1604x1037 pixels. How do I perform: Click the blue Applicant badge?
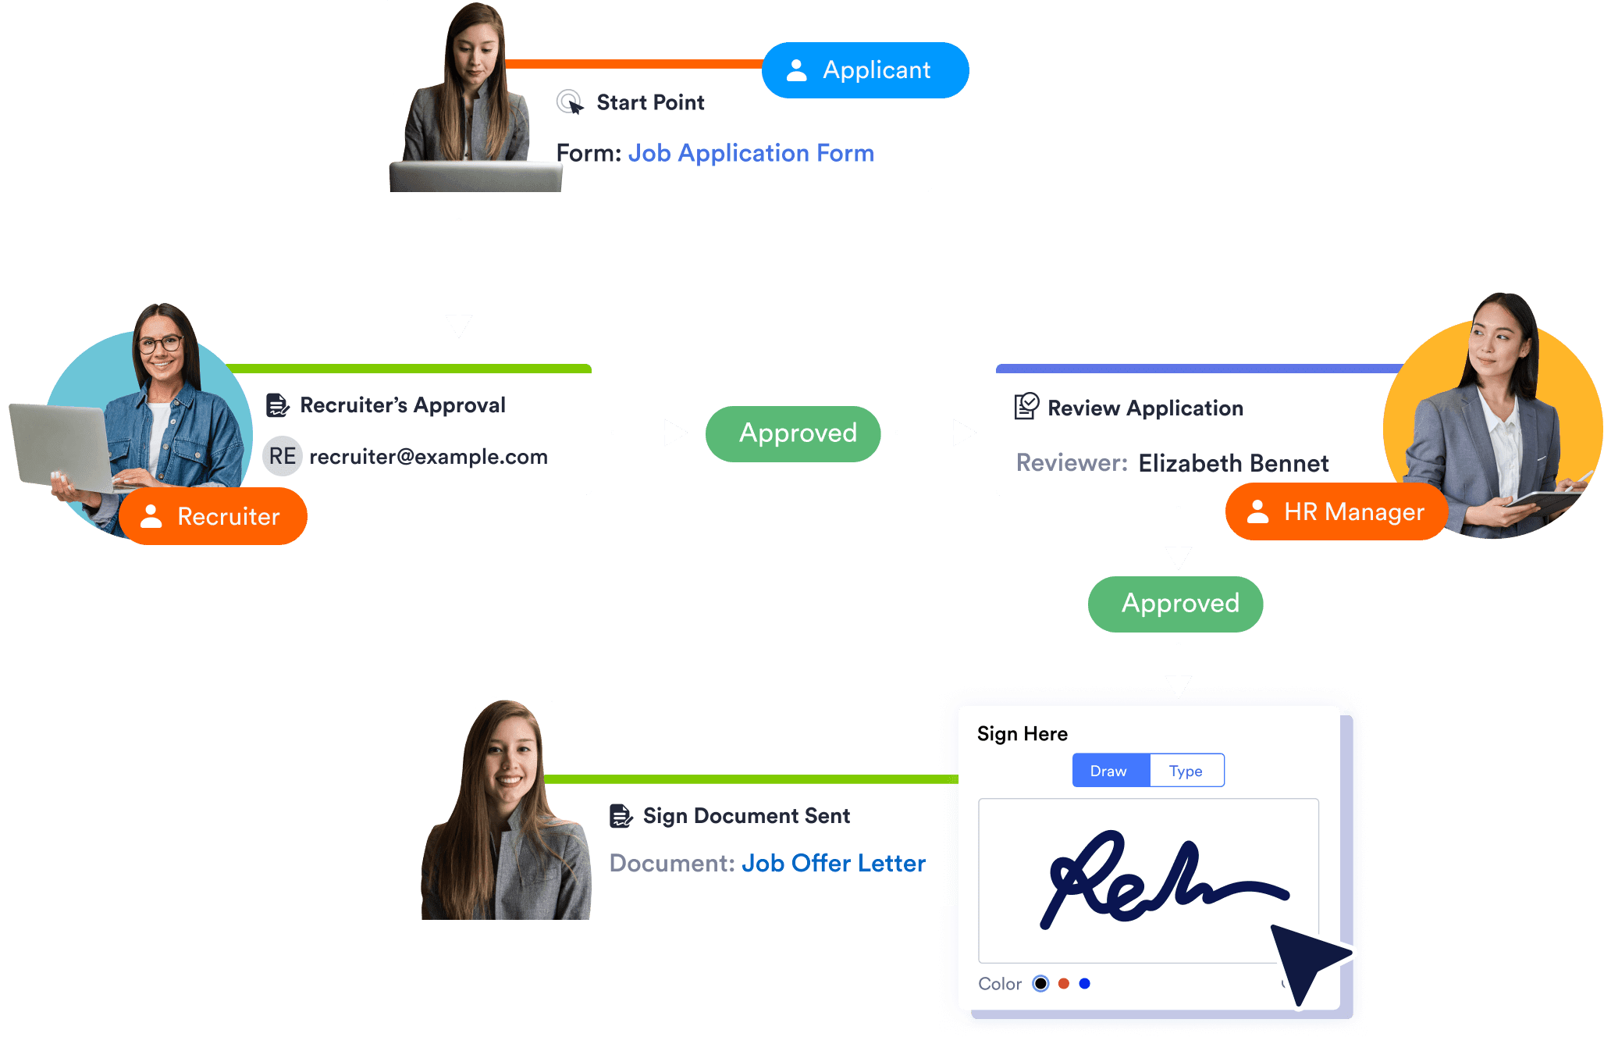[865, 70]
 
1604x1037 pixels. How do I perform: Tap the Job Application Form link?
[751, 153]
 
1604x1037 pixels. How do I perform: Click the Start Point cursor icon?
[570, 102]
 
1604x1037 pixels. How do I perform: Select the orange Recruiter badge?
[213, 516]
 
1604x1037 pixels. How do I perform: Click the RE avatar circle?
[283, 456]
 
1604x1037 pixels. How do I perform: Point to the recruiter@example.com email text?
[429, 457]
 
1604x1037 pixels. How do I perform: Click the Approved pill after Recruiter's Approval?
[793, 433]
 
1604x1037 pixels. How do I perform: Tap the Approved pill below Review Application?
[1175, 604]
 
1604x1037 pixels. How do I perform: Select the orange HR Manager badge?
[1336, 512]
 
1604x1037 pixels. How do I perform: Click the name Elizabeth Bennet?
[1233, 463]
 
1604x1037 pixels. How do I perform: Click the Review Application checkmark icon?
[1026, 406]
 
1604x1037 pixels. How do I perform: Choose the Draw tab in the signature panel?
[1109, 771]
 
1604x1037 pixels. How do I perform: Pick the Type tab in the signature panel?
[1186, 771]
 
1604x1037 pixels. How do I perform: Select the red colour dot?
[1063, 984]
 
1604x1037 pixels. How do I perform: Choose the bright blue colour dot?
[1084, 984]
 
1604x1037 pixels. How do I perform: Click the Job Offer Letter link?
[833, 863]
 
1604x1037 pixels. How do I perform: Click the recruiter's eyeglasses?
[160, 343]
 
